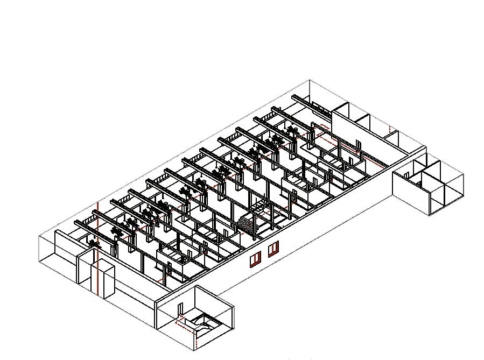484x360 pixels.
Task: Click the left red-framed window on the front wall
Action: click(x=255, y=260)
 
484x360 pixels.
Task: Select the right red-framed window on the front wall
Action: click(x=273, y=248)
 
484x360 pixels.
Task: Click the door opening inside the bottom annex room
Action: click(x=180, y=310)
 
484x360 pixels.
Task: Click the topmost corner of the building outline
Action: click(x=310, y=80)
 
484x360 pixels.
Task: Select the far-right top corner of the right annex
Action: click(x=463, y=173)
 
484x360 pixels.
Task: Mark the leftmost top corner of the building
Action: click(x=39, y=236)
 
